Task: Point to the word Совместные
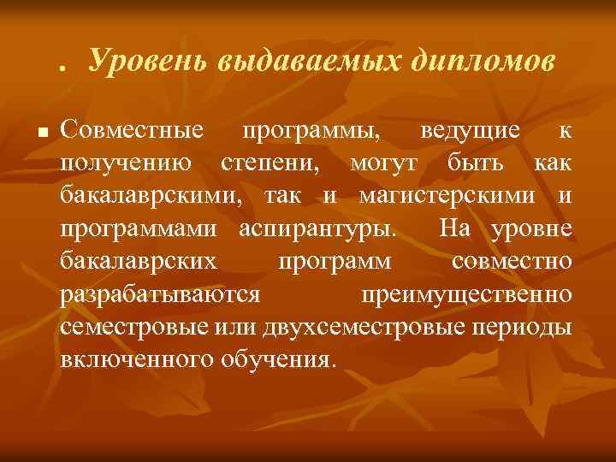click(x=133, y=131)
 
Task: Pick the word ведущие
click(x=470, y=131)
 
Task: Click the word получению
click(x=121, y=163)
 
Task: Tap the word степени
click(x=273, y=163)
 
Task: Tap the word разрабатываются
click(x=161, y=293)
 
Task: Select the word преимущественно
click(x=466, y=293)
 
